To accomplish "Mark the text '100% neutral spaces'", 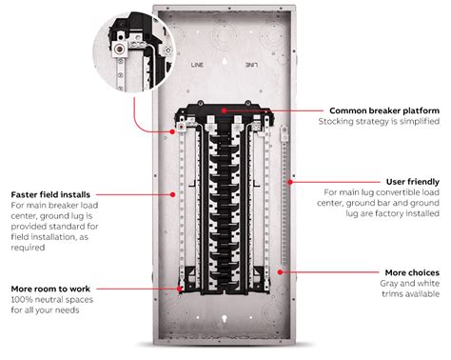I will point(57,300).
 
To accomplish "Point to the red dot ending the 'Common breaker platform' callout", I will point(225,111).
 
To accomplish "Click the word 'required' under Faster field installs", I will point(29,248).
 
